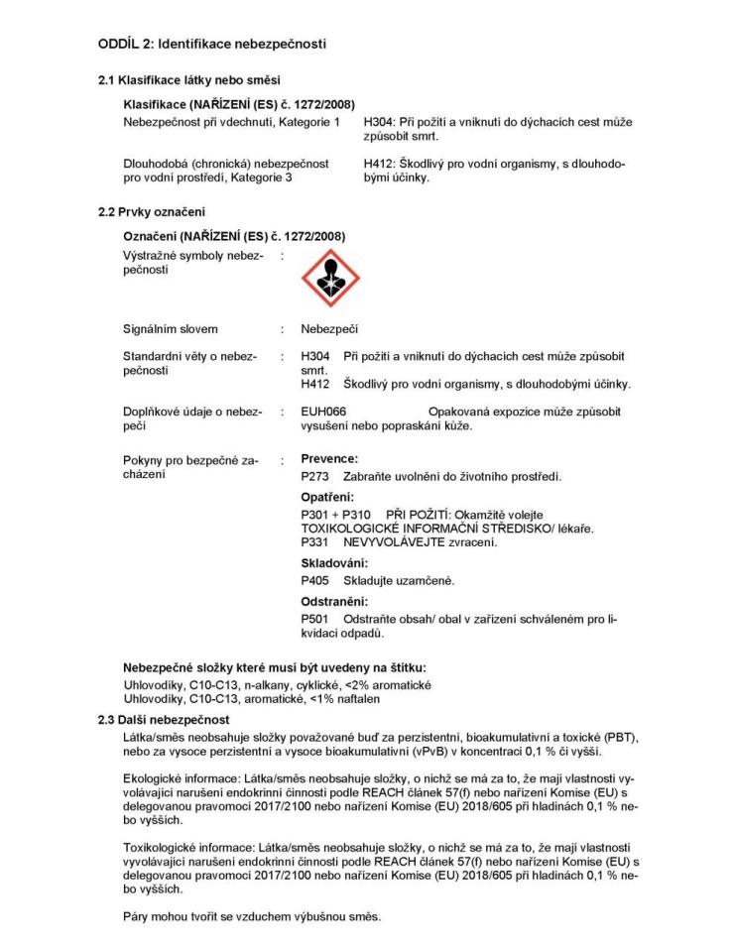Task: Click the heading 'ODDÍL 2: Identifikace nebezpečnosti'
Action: point(211,44)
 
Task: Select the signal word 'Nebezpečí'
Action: point(328,329)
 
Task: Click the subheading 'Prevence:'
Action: point(328,459)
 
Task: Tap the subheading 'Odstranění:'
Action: point(334,601)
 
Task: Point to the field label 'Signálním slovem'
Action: point(170,329)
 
